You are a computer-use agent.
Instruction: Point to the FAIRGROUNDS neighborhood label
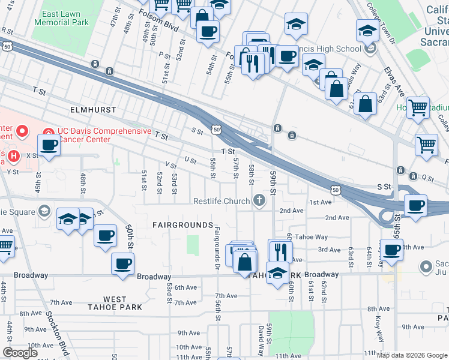[x=182, y=225]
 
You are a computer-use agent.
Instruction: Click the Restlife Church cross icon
[x=259, y=200]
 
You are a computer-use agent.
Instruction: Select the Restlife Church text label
[x=221, y=201]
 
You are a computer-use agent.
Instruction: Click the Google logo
[x=20, y=353]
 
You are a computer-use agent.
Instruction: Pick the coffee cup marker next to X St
[x=49, y=145]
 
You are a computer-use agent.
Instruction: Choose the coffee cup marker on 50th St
[x=122, y=263]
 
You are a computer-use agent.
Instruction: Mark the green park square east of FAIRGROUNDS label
[x=193, y=245]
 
